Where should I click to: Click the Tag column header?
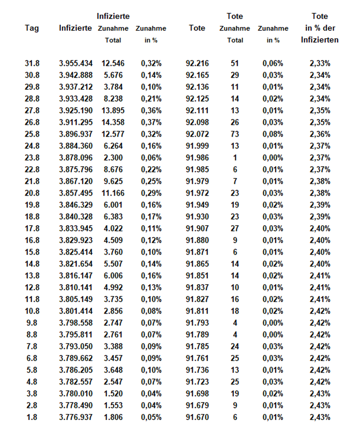32,28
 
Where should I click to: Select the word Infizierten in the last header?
320,40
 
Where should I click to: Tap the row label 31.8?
32,63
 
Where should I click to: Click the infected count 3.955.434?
76,63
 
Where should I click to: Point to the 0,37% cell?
151,122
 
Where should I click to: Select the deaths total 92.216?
197,63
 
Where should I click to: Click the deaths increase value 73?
235,134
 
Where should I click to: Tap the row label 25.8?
32,134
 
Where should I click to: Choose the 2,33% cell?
320,63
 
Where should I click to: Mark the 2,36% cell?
320,134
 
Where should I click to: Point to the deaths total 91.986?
197,158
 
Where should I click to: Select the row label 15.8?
32,252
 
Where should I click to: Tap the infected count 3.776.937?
76,417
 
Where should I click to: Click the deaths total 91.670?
197,417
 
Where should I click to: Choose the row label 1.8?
32,417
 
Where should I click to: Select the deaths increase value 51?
235,63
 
